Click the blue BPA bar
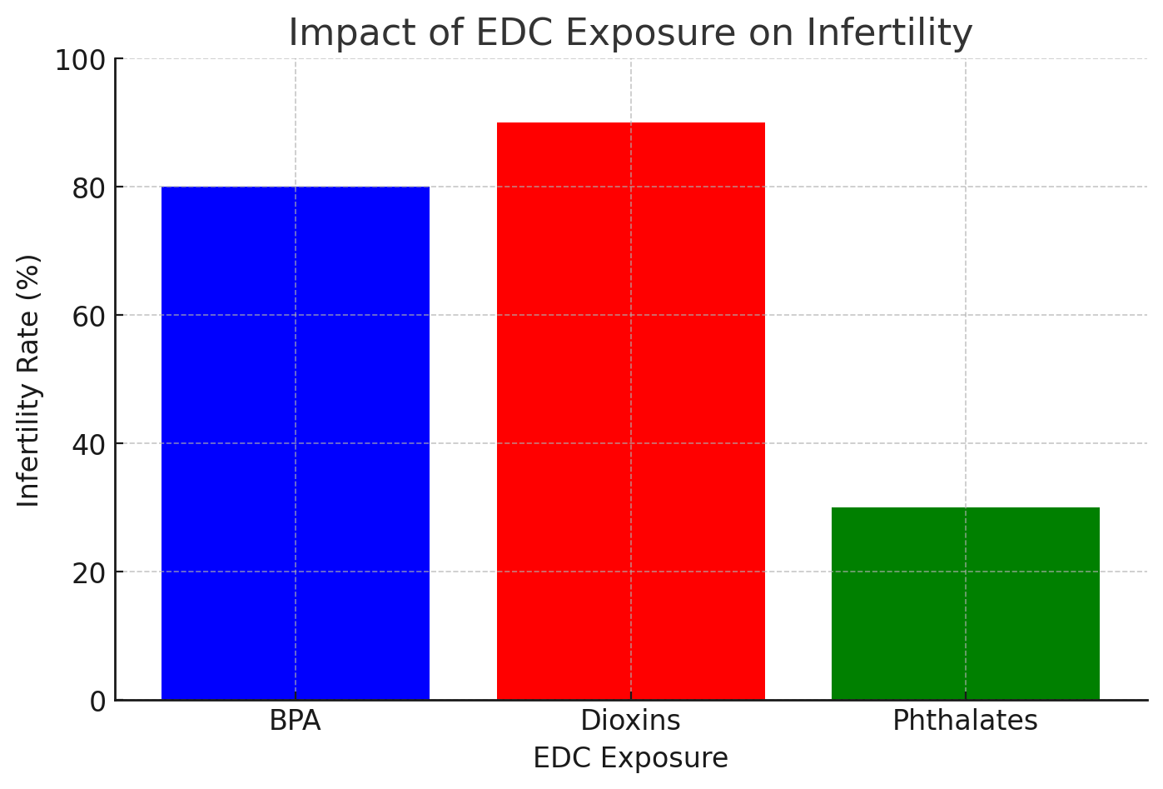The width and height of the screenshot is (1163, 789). [296, 443]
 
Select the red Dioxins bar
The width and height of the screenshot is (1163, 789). [630, 411]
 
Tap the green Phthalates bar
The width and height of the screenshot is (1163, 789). [965, 603]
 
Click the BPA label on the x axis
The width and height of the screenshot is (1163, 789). [295, 721]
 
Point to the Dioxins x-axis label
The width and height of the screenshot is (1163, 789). [630, 721]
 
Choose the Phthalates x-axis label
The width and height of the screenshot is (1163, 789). [965, 721]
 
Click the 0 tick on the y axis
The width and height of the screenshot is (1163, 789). [98, 702]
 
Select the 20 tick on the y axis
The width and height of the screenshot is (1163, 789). [89, 573]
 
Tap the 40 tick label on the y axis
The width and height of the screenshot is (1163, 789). [89, 445]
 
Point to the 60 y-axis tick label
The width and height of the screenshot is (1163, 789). [89, 317]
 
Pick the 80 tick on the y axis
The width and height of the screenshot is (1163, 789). [89, 188]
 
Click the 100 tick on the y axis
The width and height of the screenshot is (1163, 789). [80, 61]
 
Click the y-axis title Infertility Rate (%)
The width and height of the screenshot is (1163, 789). [29, 380]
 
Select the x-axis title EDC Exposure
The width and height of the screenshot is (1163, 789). [630, 759]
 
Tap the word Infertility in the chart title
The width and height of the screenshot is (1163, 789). [888, 33]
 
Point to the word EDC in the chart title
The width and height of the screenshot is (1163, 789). [505, 33]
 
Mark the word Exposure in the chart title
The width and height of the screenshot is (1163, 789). [642, 33]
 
